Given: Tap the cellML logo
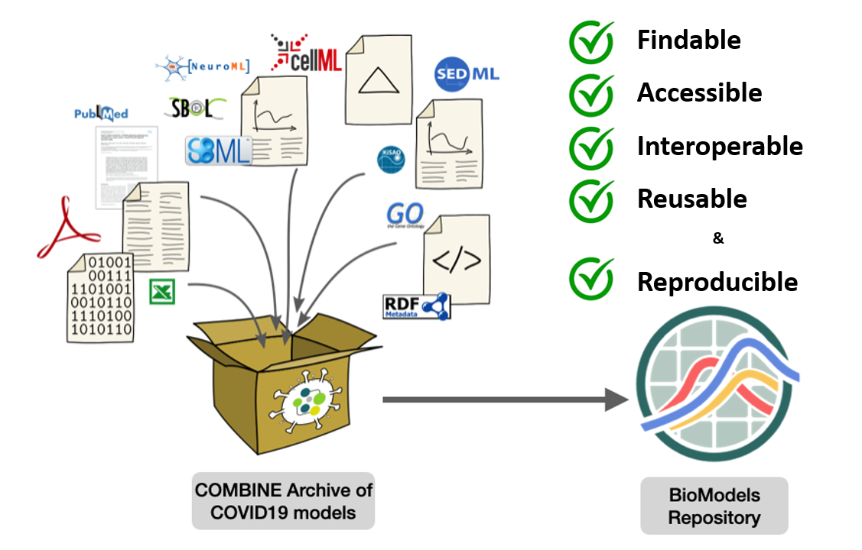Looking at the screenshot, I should tap(305, 53).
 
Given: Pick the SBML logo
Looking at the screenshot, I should tap(219, 150).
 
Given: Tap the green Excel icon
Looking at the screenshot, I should tap(162, 291).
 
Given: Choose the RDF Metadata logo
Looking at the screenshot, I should tap(416, 306).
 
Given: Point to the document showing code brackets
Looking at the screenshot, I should tap(457, 260).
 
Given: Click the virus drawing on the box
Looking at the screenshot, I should tap(305, 401).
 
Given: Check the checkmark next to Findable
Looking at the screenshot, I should tap(591, 40).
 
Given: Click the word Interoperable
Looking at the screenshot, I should tap(720, 146).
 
